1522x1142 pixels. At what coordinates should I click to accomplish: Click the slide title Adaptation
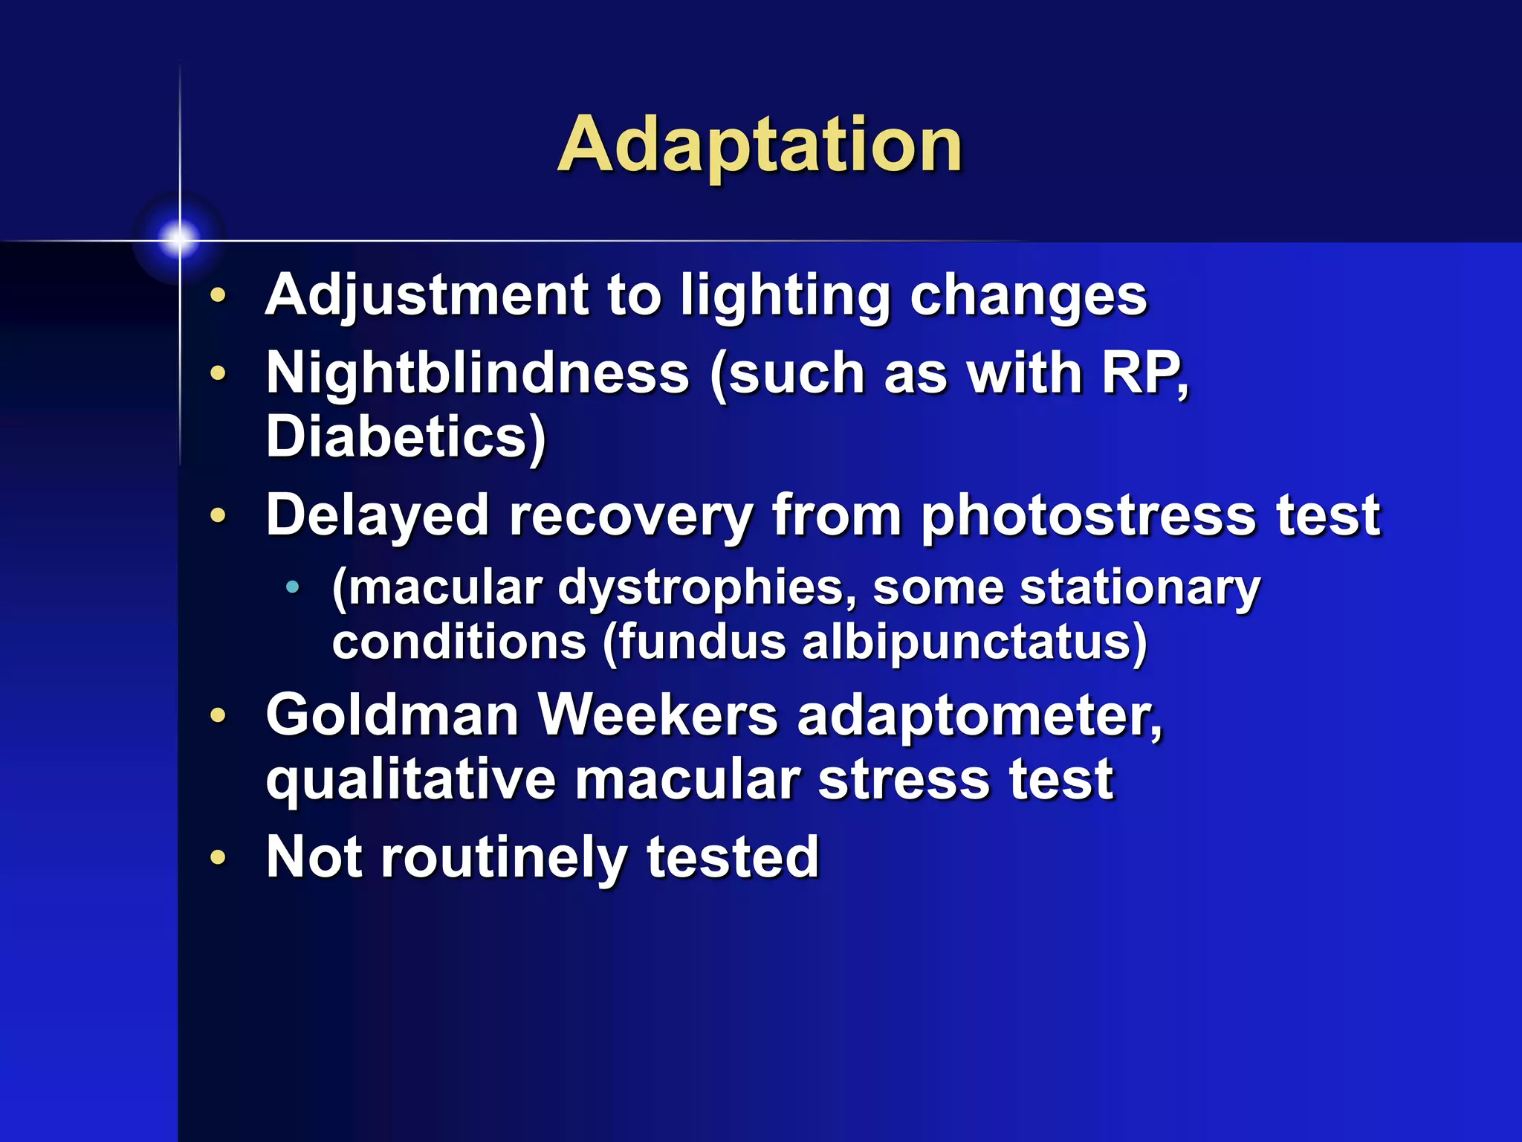click(x=760, y=146)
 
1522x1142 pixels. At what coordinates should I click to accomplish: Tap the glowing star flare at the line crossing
click(x=178, y=239)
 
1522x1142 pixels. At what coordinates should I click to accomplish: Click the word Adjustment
click(x=427, y=295)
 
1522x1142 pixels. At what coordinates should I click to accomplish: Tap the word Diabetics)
click(x=406, y=437)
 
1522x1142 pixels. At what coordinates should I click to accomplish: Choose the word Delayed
click(x=378, y=515)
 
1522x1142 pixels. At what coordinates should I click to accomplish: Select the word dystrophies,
click(x=707, y=588)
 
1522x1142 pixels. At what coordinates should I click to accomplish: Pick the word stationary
click(x=1139, y=588)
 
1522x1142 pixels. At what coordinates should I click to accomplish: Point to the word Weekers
click(x=658, y=715)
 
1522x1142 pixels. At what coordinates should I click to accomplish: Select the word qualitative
click(x=411, y=781)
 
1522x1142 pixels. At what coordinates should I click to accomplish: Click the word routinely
click(x=504, y=858)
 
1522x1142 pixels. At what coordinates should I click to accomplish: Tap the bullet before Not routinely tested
click(x=218, y=857)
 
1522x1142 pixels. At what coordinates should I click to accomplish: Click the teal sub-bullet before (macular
click(x=293, y=587)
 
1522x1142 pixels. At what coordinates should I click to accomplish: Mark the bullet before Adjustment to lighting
click(x=218, y=295)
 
